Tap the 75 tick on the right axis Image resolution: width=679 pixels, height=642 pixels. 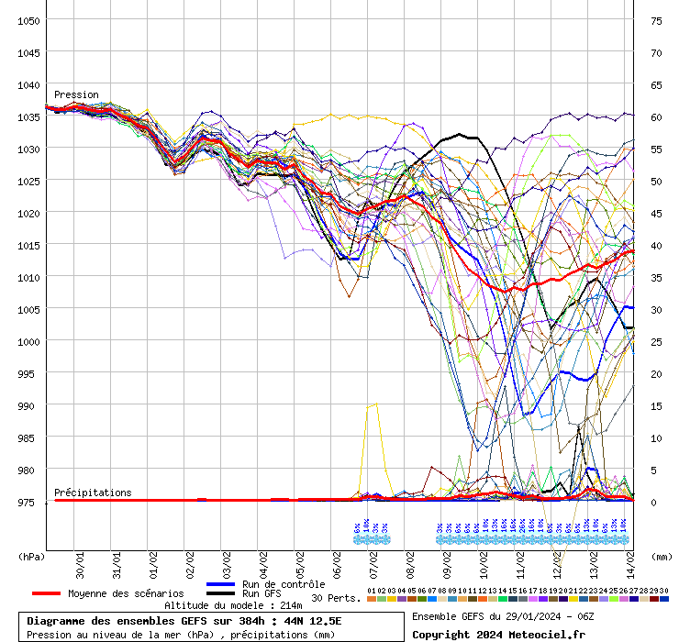click(x=656, y=20)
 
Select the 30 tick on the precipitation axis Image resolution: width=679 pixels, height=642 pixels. click(x=656, y=309)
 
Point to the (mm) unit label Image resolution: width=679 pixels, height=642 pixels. click(x=661, y=556)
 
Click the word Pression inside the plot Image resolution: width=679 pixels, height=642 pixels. click(x=76, y=94)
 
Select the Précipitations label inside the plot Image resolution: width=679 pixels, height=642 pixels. click(x=93, y=493)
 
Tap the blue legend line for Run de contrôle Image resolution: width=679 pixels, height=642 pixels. click(x=222, y=584)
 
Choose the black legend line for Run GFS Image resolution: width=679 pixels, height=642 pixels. click(x=222, y=593)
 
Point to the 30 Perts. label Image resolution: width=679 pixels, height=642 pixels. click(x=331, y=598)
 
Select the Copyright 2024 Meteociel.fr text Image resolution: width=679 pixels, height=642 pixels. click(x=497, y=634)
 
